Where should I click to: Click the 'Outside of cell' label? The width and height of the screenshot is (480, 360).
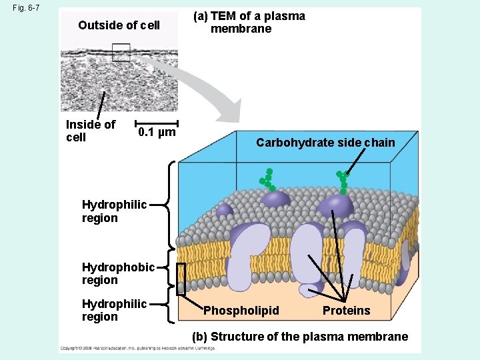tap(119, 25)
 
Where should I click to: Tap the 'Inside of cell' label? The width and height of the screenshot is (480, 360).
tap(90, 131)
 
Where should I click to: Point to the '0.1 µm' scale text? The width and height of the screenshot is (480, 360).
tap(157, 132)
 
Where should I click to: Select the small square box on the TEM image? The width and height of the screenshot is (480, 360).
tap(121, 52)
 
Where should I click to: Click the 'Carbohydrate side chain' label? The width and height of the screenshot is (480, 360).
tap(325, 143)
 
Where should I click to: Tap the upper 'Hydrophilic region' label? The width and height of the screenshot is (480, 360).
tap(114, 211)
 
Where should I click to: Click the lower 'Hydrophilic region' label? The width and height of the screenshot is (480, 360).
tap(114, 310)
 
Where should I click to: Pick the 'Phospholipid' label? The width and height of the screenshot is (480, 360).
tap(241, 311)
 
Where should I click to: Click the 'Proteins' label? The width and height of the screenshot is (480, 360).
tap(346, 311)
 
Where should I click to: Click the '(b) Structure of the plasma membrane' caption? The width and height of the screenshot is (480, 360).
tap(300, 337)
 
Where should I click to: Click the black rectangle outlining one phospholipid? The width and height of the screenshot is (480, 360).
tap(181, 279)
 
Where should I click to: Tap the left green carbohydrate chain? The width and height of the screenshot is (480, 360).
tap(266, 178)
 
